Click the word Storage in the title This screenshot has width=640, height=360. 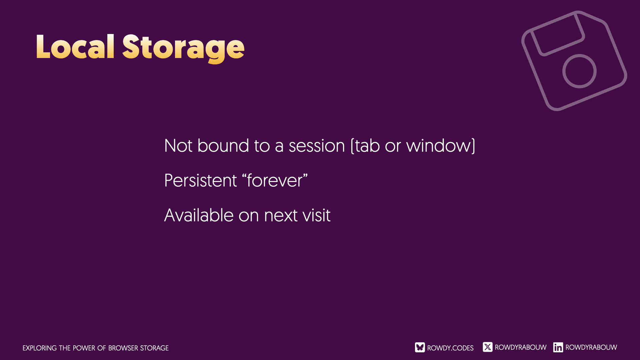183,49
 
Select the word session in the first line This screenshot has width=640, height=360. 317,146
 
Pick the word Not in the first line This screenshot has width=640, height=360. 178,146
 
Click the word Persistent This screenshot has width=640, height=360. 200,180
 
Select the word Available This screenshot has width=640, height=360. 199,215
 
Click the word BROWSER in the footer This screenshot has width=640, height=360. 123,348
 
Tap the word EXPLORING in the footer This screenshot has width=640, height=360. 40,348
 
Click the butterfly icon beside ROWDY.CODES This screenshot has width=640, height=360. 420,347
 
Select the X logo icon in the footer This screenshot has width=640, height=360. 488,347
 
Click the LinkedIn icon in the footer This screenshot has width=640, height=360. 558,347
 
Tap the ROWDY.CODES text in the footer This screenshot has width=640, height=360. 450,348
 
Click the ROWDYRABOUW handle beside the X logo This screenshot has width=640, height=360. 521,347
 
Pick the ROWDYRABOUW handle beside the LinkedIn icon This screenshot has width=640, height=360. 591,347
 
